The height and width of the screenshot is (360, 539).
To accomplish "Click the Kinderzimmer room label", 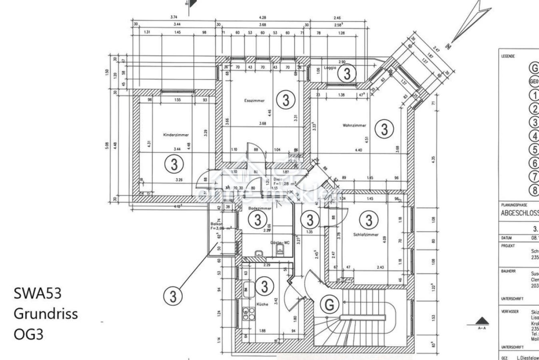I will click(x=176, y=135).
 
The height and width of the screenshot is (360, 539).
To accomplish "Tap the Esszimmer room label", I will click(x=254, y=101).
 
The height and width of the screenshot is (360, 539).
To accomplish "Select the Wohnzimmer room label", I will click(x=354, y=126).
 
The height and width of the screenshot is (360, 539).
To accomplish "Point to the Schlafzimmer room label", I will click(x=365, y=235).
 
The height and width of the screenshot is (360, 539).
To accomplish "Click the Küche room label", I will click(x=262, y=304).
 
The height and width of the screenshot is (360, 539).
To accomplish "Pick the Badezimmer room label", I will click(x=260, y=208).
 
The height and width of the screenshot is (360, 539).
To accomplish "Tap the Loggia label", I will click(x=330, y=68).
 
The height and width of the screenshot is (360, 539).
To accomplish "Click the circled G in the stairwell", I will click(x=329, y=305).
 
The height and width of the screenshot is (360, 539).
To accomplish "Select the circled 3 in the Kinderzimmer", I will click(x=174, y=164).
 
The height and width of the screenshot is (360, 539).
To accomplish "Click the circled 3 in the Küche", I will click(x=264, y=286).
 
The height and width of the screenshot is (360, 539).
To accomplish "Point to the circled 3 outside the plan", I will click(x=173, y=297).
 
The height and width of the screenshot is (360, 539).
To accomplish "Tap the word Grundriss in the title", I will click(x=46, y=314).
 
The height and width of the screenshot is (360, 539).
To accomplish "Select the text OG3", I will click(x=28, y=334).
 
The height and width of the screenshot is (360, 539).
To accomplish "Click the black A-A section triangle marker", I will click(x=482, y=321).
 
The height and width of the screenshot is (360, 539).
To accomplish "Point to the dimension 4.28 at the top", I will click(x=262, y=18).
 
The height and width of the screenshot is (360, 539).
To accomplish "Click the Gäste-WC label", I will click(x=280, y=242).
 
